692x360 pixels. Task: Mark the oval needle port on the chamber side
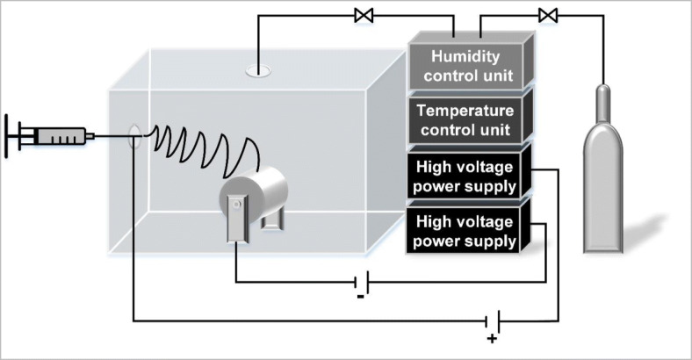(x=135, y=135)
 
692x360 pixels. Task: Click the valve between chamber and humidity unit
(x=361, y=14)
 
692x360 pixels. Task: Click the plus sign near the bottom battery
(x=492, y=338)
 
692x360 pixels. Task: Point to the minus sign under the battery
(x=361, y=298)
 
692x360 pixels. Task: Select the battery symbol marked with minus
(x=361, y=282)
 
